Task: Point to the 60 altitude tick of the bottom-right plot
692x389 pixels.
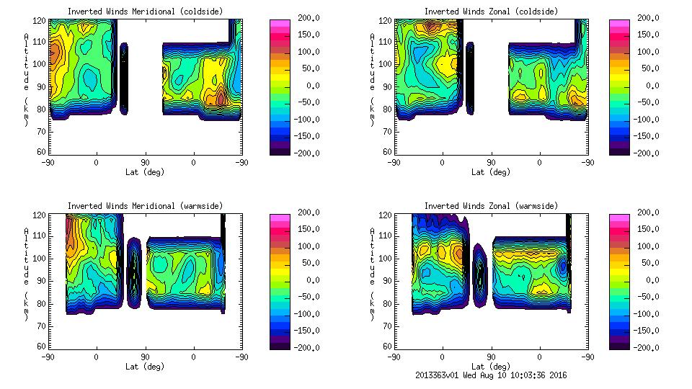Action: [386, 346]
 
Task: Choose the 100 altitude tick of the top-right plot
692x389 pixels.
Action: [386, 64]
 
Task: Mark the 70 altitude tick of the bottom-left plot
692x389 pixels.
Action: [41, 325]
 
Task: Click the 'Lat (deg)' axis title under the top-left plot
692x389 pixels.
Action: [145, 172]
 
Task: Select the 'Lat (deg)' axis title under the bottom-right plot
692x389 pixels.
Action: [491, 366]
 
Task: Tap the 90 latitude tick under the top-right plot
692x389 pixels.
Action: [491, 163]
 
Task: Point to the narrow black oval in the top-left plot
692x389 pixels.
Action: [124, 79]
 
